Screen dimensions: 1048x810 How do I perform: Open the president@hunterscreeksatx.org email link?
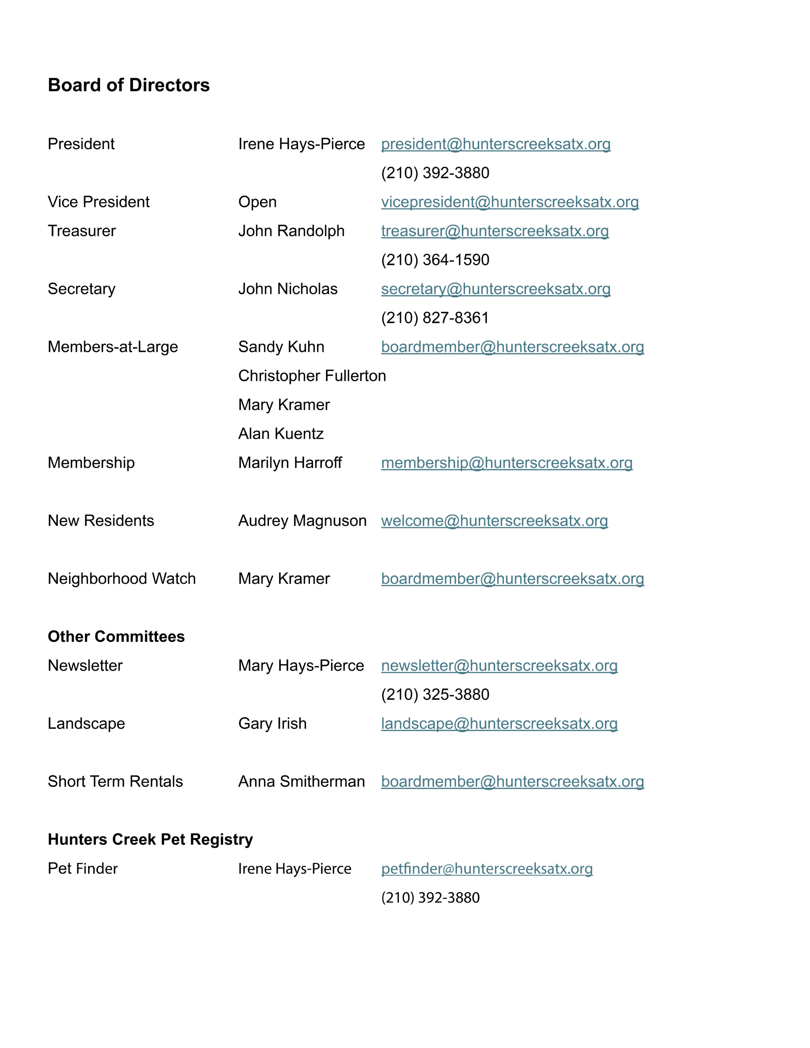pyautogui.click(x=496, y=144)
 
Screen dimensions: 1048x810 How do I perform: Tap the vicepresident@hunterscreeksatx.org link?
pyautogui.click(x=509, y=202)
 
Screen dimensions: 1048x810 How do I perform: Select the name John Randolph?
pyautogui.click(x=291, y=231)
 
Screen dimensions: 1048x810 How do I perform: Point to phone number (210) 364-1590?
pyautogui.click(x=435, y=260)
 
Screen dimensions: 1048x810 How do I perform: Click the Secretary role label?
pyautogui.click(x=81, y=289)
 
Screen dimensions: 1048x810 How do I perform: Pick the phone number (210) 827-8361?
pyautogui.click(x=434, y=318)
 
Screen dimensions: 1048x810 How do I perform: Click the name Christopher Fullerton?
pyautogui.click(x=312, y=376)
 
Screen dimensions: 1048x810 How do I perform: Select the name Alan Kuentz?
pyautogui.click(x=281, y=434)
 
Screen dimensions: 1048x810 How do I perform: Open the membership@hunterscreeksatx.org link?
pyautogui.click(x=507, y=463)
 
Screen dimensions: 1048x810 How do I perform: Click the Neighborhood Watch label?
pyautogui.click(x=122, y=579)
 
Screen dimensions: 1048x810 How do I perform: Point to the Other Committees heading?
pyautogui.click(x=116, y=636)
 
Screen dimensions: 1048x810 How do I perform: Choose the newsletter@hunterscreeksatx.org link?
pyautogui.click(x=499, y=666)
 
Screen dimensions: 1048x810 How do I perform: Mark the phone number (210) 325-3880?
pyautogui.click(x=435, y=694)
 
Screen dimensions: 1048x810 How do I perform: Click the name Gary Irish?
pyautogui.click(x=272, y=724)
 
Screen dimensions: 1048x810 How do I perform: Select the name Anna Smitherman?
pyautogui.click(x=301, y=781)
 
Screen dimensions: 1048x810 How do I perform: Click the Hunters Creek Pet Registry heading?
pyautogui.click(x=150, y=839)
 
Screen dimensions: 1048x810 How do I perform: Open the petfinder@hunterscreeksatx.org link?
pyautogui.click(x=486, y=869)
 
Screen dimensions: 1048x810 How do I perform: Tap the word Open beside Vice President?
pyautogui.click(x=257, y=202)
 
